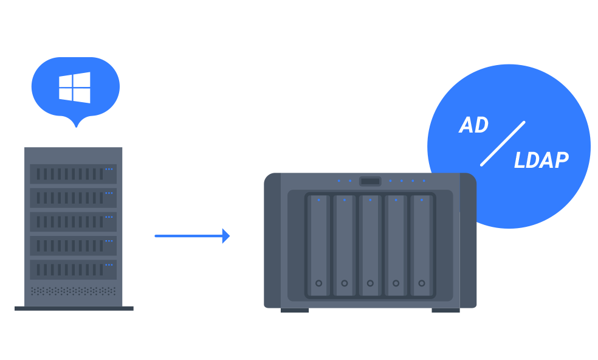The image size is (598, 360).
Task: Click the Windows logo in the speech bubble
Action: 74,88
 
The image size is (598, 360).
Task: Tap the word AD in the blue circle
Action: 473,125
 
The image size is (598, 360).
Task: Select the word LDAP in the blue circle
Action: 540,161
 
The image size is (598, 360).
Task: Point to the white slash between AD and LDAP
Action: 503,144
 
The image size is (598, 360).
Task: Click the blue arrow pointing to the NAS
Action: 192,235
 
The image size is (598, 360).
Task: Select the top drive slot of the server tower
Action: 73,174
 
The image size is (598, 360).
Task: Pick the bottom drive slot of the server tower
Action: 73,269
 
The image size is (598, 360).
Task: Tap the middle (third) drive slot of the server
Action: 73,222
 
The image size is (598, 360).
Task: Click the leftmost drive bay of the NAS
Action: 318,245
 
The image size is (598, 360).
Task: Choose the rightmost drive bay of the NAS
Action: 422,245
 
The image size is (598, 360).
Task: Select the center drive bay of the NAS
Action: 370,245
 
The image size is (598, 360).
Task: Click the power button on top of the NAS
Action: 370,181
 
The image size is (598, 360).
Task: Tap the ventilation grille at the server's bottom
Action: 73,291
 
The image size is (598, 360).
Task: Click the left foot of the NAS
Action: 294,310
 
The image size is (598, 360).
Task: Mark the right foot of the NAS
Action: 445,310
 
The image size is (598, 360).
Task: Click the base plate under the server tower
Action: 74,308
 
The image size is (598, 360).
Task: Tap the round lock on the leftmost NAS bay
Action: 318,283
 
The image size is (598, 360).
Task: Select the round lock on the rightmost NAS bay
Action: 422,283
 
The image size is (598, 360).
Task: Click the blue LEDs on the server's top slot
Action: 109,169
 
